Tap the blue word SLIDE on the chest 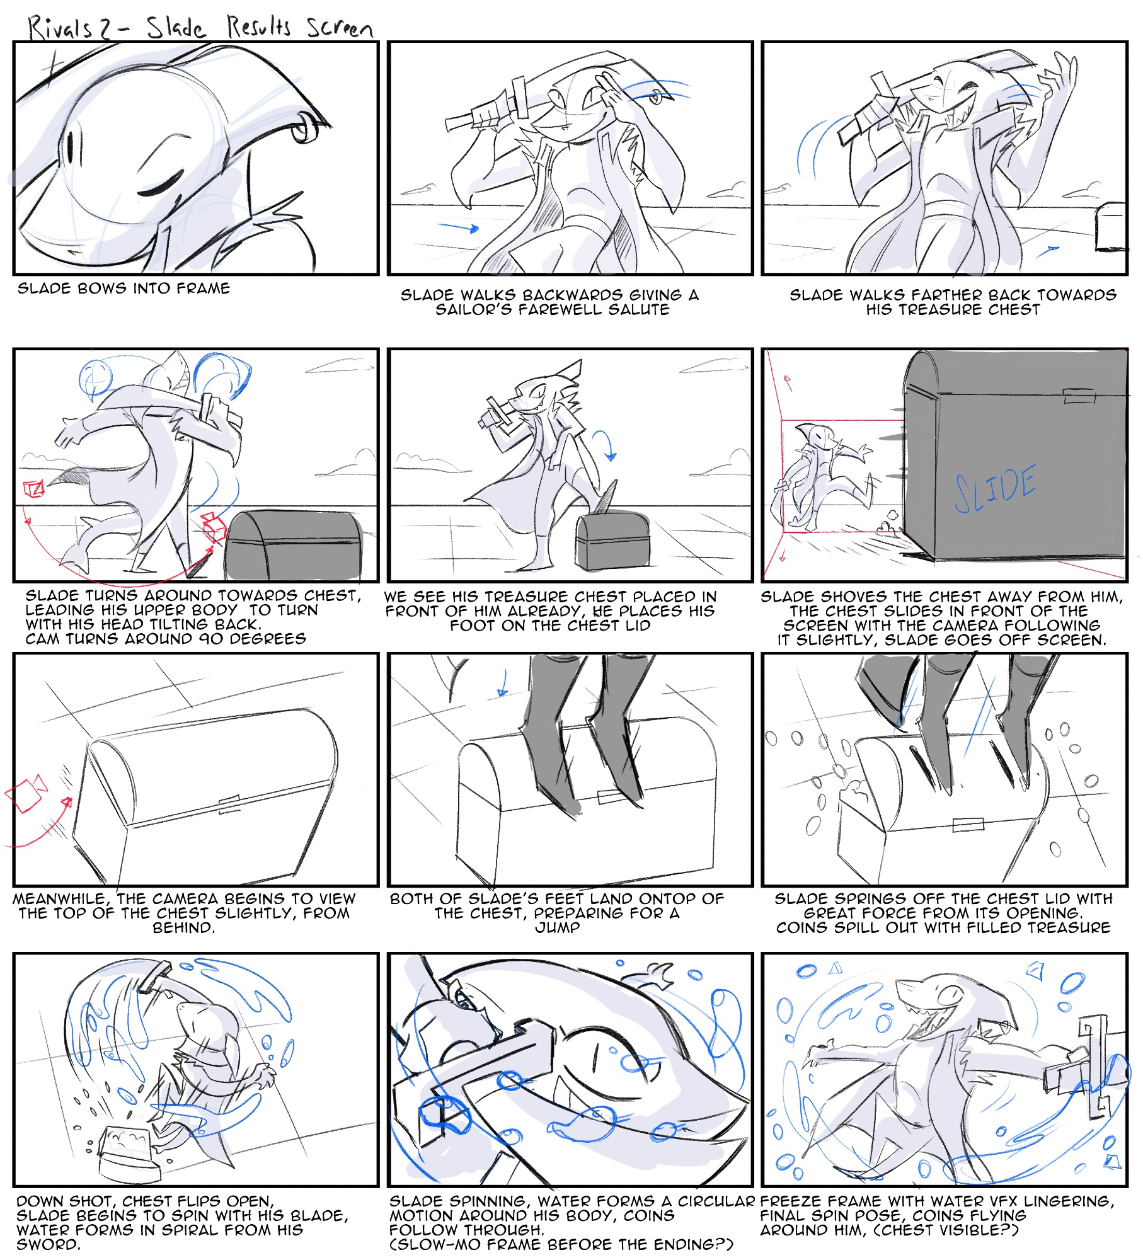(x=995, y=489)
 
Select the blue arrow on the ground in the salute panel (x=458, y=226)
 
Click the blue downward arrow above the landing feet (x=503, y=684)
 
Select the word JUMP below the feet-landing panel (x=557, y=928)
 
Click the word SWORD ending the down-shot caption (x=49, y=1245)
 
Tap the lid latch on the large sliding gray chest (x=1079, y=396)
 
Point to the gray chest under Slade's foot (x=612, y=541)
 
